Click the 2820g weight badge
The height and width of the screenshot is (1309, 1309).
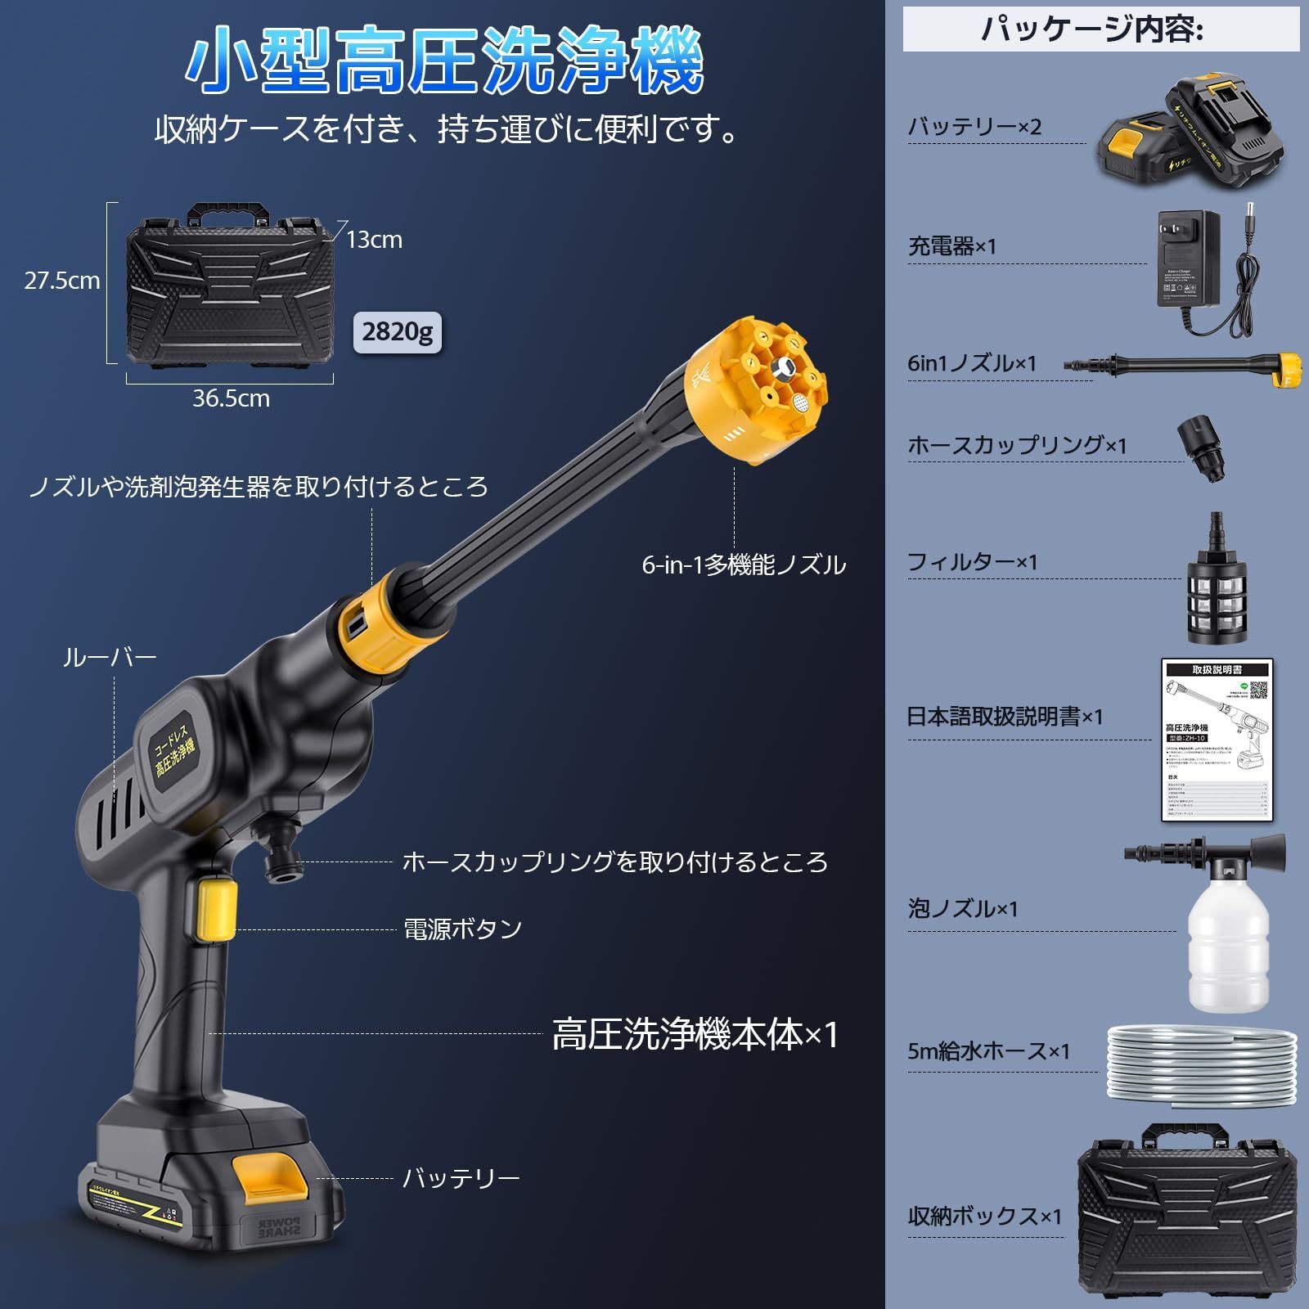(x=397, y=331)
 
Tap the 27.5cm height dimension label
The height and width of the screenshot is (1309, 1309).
(x=61, y=281)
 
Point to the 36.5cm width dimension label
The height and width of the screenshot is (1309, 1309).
(x=231, y=398)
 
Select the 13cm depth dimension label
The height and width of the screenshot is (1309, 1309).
(x=374, y=240)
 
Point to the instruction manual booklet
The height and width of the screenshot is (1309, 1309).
(x=1217, y=740)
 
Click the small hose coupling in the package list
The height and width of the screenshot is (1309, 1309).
(x=1202, y=448)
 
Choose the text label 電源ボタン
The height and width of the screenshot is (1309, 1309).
(x=463, y=929)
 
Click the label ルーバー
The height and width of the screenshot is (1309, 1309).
(x=110, y=658)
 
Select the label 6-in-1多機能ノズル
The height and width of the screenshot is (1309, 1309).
(x=744, y=565)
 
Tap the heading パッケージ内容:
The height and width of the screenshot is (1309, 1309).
(x=1091, y=30)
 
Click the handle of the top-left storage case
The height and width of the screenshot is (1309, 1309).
(x=228, y=214)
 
